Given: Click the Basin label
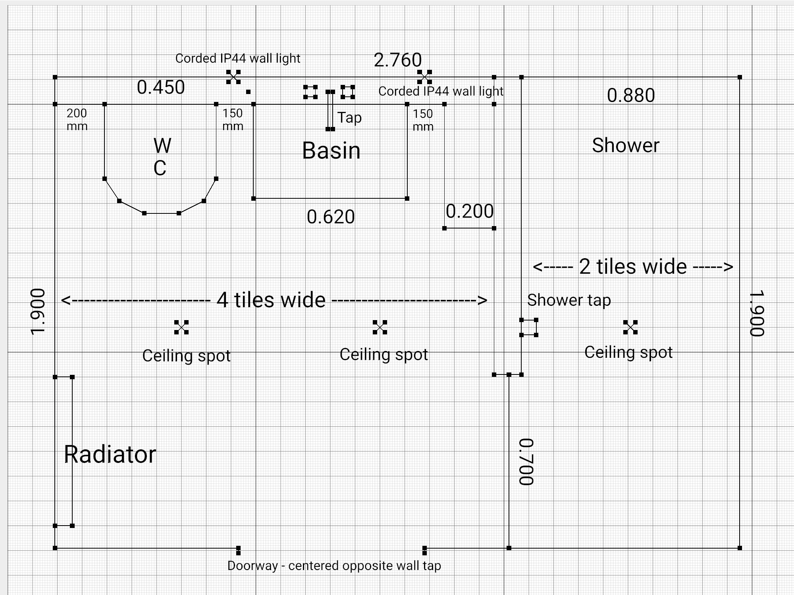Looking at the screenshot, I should (x=331, y=151).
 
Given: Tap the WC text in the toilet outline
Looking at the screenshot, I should (x=162, y=157).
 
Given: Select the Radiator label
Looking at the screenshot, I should (x=110, y=454).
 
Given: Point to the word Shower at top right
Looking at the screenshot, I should (x=626, y=145).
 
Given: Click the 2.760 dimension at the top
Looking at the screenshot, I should (x=397, y=60).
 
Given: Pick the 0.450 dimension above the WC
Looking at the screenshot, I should (x=161, y=87).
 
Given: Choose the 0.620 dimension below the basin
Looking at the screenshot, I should (x=331, y=217).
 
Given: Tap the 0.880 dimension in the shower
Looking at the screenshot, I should (x=631, y=96).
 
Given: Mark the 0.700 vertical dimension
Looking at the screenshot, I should (x=527, y=462).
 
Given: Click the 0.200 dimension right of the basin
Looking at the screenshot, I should (x=470, y=211).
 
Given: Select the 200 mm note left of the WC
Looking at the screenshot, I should (x=77, y=119).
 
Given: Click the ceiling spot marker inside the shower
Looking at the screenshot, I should (x=630, y=327).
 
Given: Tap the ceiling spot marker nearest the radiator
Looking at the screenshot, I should (x=181, y=327).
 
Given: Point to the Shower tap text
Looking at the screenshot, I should (x=569, y=300).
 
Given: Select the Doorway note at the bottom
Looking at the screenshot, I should (x=334, y=566).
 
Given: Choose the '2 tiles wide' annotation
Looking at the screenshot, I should (x=633, y=267).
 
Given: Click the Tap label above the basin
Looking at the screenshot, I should (x=349, y=118).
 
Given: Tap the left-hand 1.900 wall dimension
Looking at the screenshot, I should (x=38, y=312).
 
